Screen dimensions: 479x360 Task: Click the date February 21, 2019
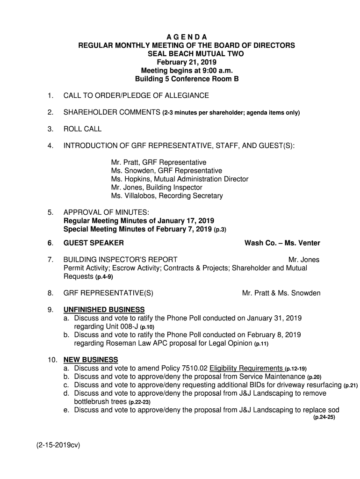[x=187, y=62]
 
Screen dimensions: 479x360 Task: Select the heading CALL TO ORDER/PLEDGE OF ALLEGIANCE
[x=136, y=96]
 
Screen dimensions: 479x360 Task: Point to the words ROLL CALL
[x=82, y=129]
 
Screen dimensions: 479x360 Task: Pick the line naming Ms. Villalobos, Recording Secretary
[x=167, y=196]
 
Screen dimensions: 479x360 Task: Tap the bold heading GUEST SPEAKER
[x=94, y=243]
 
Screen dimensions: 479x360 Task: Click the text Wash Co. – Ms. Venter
[x=282, y=243]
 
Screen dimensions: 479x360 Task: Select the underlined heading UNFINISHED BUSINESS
[x=104, y=310]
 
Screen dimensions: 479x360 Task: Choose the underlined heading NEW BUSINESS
[x=91, y=360]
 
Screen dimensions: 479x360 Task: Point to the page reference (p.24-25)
[x=324, y=417]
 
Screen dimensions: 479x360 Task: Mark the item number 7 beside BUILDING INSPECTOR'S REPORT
[x=49, y=260]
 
